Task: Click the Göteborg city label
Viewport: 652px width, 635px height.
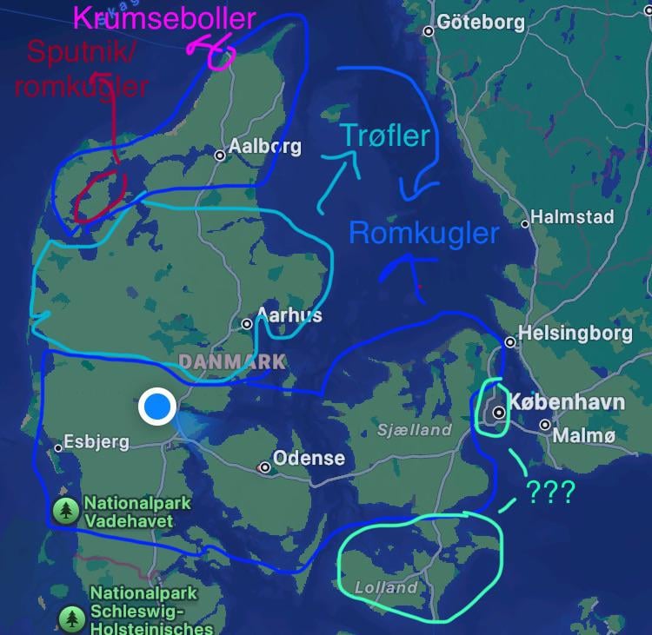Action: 480,22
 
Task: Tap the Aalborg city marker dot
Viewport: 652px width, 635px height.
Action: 221,155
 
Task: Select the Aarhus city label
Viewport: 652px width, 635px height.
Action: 290,315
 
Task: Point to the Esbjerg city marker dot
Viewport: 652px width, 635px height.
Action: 58,448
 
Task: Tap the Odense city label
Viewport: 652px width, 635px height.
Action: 309,458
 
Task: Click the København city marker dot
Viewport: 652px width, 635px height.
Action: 499,413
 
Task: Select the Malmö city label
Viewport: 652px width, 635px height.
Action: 584,435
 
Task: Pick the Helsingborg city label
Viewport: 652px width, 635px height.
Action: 571,333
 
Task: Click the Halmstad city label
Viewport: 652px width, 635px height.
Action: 572,216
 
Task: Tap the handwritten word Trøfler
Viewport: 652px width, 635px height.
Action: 385,136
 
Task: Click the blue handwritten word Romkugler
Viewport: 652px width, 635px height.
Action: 423,233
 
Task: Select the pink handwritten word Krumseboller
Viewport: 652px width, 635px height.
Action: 164,18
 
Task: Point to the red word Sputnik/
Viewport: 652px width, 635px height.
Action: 82,52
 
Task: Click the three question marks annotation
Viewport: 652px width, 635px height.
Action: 549,492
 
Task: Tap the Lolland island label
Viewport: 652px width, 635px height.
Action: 386,587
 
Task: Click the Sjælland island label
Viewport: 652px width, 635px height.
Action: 415,429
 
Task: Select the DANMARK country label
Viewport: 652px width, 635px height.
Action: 232,360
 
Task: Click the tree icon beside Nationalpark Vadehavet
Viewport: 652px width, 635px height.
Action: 66,511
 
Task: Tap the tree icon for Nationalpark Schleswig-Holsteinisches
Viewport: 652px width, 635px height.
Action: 71,618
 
